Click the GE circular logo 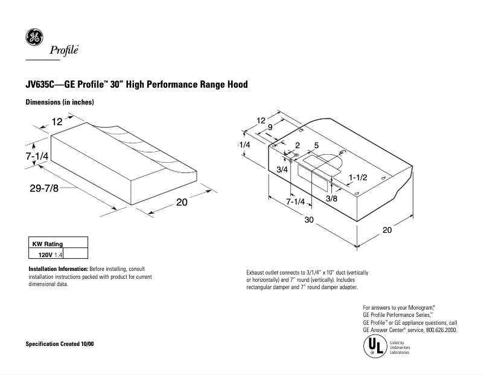pos(34,38)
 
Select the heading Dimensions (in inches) pos(60,102)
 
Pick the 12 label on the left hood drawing pos(57,122)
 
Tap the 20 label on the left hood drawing pos(182,203)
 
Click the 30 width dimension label pos(308,221)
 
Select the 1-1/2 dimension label pos(358,176)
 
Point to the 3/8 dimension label pos(331,198)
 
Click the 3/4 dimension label pos(281,170)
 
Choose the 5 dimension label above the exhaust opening pos(316,146)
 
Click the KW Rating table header pos(48,244)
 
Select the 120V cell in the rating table pos(45,255)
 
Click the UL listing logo pos(372,347)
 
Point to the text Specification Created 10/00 pos(60,344)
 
